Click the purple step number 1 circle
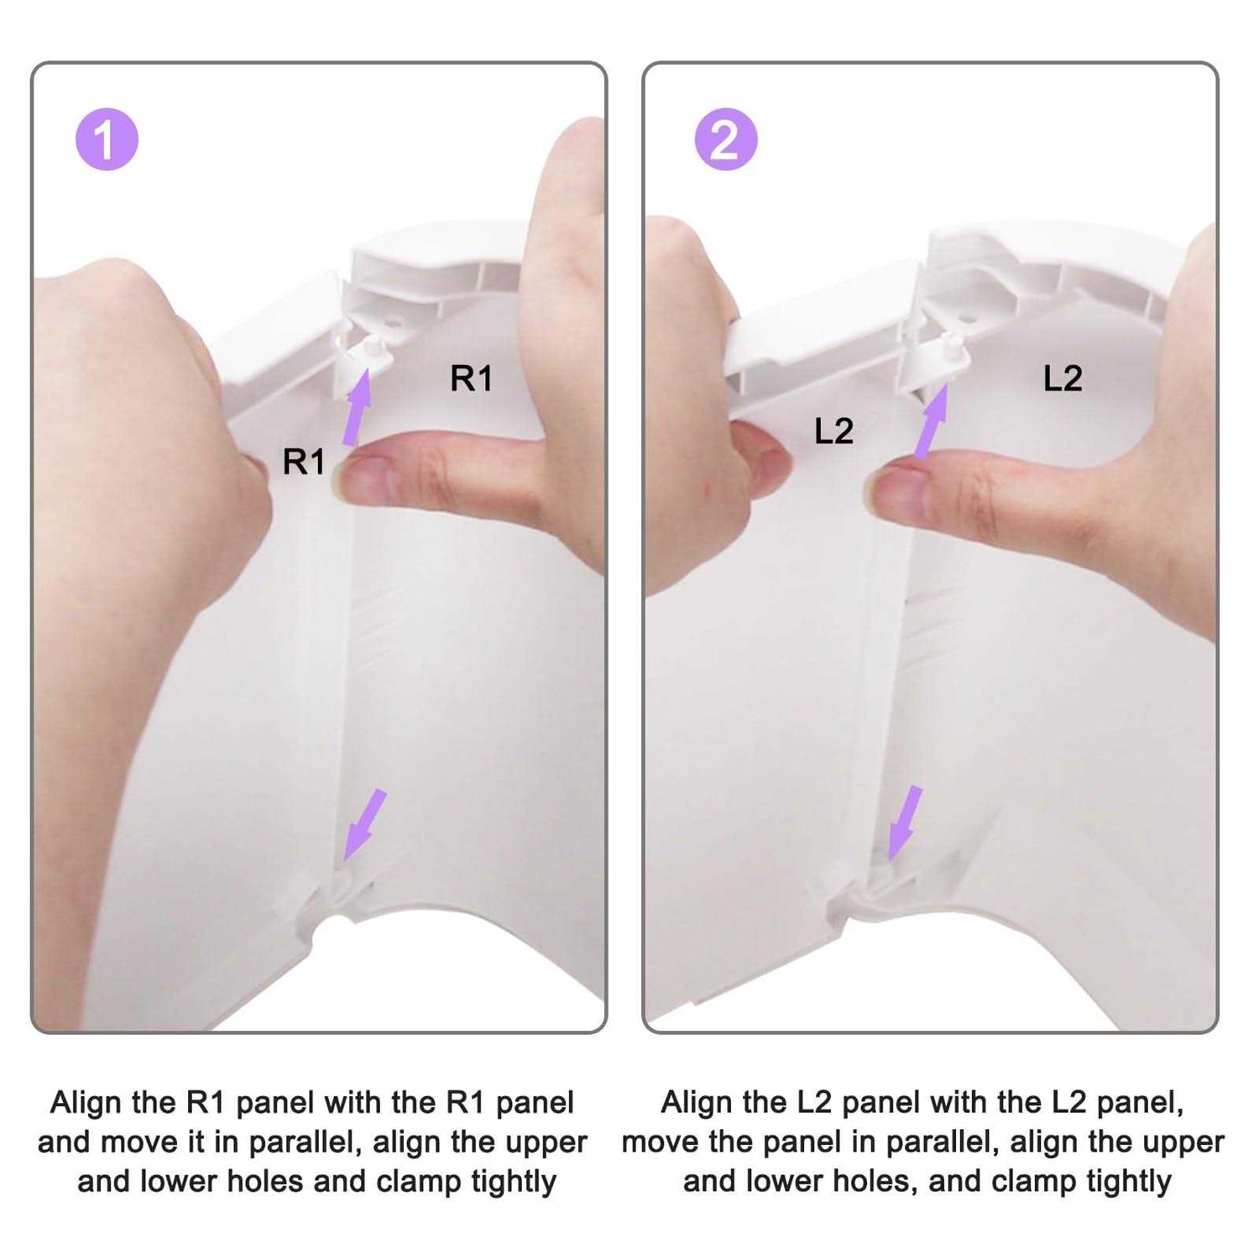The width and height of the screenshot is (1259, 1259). (x=107, y=139)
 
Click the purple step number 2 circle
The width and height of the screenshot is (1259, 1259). (x=726, y=139)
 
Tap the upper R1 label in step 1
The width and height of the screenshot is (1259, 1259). (x=471, y=379)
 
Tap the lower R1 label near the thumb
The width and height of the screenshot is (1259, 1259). (x=303, y=462)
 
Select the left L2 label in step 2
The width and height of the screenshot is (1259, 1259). (x=833, y=431)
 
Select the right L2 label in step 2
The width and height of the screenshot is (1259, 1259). (x=1063, y=379)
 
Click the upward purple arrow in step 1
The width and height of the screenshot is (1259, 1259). (x=358, y=407)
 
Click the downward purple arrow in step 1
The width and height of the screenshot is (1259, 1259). (x=364, y=825)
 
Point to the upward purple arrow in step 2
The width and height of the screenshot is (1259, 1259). (x=931, y=421)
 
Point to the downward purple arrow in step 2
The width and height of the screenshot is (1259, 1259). (x=905, y=823)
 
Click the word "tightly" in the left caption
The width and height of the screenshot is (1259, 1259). (x=514, y=1182)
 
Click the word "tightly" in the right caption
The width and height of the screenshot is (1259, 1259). (x=1129, y=1182)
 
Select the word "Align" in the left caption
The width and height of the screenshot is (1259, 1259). (x=87, y=1103)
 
